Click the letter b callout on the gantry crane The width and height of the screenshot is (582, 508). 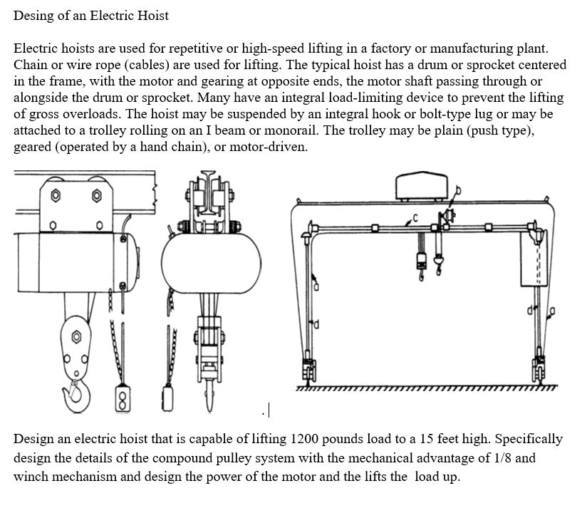458,190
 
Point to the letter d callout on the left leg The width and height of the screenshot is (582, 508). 317,326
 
